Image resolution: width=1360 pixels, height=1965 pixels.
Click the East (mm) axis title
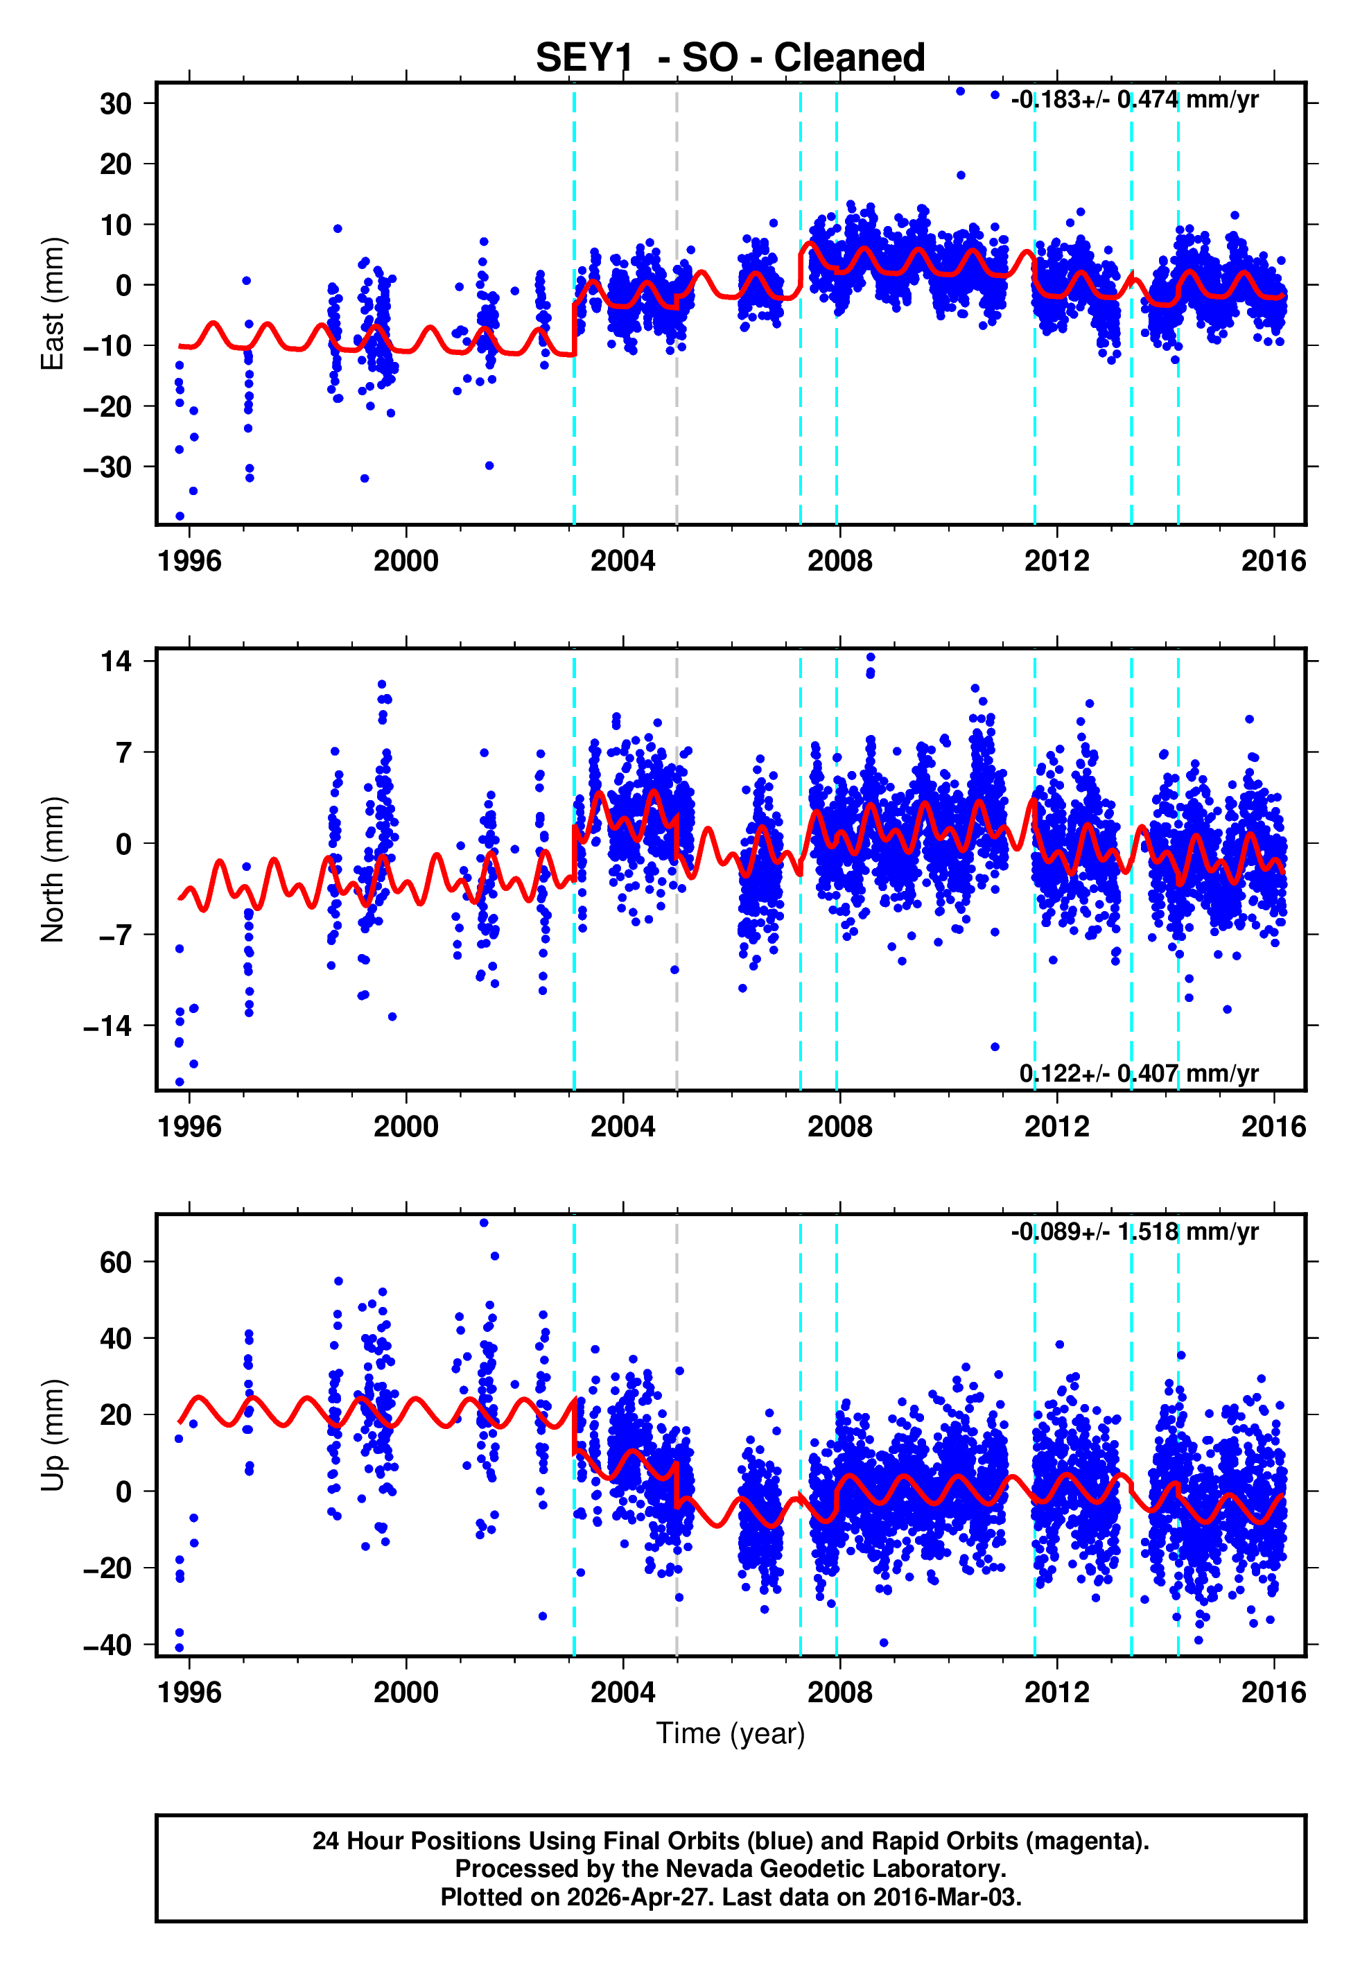(53, 304)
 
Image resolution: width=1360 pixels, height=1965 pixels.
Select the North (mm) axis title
(53, 869)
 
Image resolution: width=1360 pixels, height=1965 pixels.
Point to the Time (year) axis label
(731, 1734)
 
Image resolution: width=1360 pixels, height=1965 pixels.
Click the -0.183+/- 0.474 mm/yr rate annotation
(1134, 100)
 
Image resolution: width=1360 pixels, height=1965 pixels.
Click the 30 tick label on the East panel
(116, 104)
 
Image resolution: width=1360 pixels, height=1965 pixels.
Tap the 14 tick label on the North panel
(116, 661)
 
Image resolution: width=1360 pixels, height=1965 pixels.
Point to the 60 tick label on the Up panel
(116, 1262)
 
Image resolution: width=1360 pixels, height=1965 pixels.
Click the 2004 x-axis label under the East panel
(623, 561)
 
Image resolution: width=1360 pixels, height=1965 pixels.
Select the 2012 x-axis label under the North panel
(1056, 1127)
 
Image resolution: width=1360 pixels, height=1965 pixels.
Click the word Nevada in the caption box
(709, 1869)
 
